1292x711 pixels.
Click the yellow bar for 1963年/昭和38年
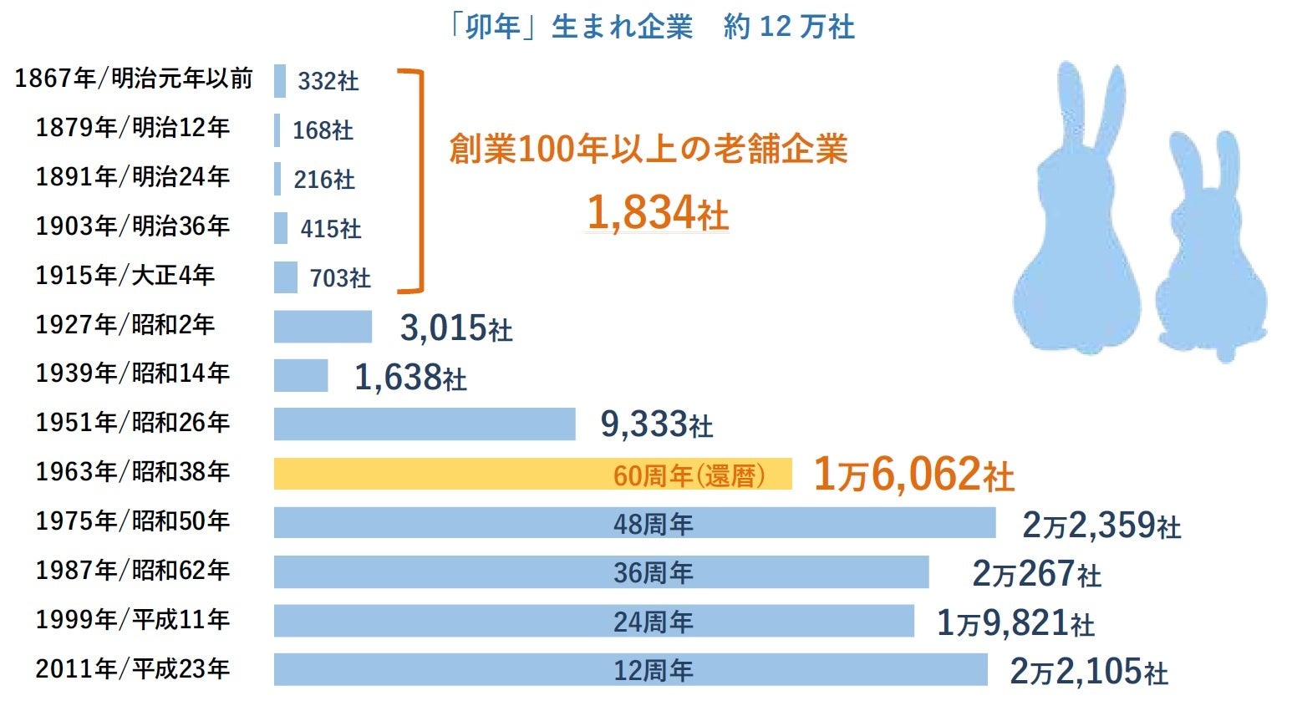[468, 474]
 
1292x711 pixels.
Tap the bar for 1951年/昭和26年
[424, 424]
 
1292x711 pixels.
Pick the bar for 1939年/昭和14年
[300, 375]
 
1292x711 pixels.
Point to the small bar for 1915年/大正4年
[285, 277]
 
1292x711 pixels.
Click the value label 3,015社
[455, 328]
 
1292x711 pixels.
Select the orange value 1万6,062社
[913, 474]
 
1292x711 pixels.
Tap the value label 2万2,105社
[1088, 671]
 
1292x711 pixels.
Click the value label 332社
[328, 81]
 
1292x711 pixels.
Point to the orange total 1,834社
[657, 212]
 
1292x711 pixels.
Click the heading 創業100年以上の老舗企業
[648, 150]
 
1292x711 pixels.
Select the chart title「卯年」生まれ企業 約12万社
[652, 27]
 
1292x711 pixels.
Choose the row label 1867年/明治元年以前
[134, 79]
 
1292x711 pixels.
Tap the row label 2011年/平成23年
[132, 669]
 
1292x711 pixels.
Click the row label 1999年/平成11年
[132, 620]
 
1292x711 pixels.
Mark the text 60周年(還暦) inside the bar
[689, 475]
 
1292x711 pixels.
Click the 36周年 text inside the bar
[653, 572]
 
